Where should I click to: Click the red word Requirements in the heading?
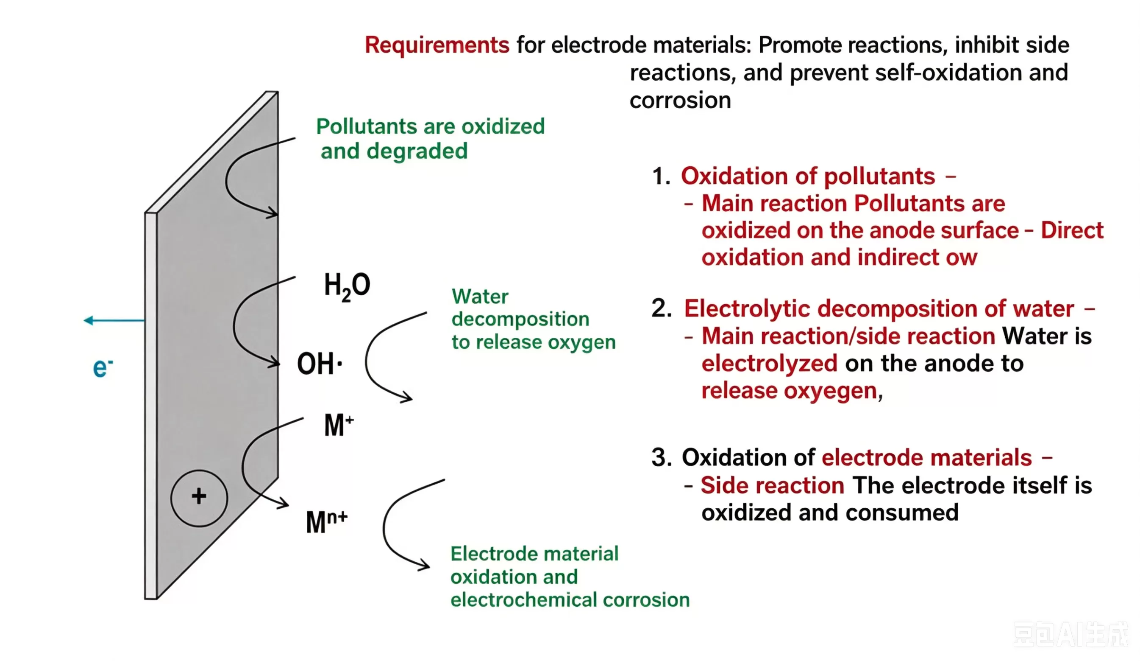pyautogui.click(x=437, y=45)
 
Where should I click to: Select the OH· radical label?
pyautogui.click(x=319, y=364)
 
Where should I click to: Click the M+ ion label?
pyautogui.click(x=338, y=426)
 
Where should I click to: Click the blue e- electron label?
pyautogui.click(x=103, y=368)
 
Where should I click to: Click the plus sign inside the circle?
pyautogui.click(x=199, y=496)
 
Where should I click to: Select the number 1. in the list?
pyautogui.click(x=661, y=176)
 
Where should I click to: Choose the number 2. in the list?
pyautogui.click(x=661, y=309)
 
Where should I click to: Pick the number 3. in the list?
pyautogui.click(x=661, y=458)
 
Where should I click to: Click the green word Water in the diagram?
pyautogui.click(x=480, y=297)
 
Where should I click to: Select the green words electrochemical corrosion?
pyautogui.click(x=570, y=600)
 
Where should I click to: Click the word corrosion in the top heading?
pyautogui.click(x=680, y=101)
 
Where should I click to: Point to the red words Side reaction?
pyautogui.click(x=772, y=486)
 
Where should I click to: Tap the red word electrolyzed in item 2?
pyautogui.click(x=769, y=364)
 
